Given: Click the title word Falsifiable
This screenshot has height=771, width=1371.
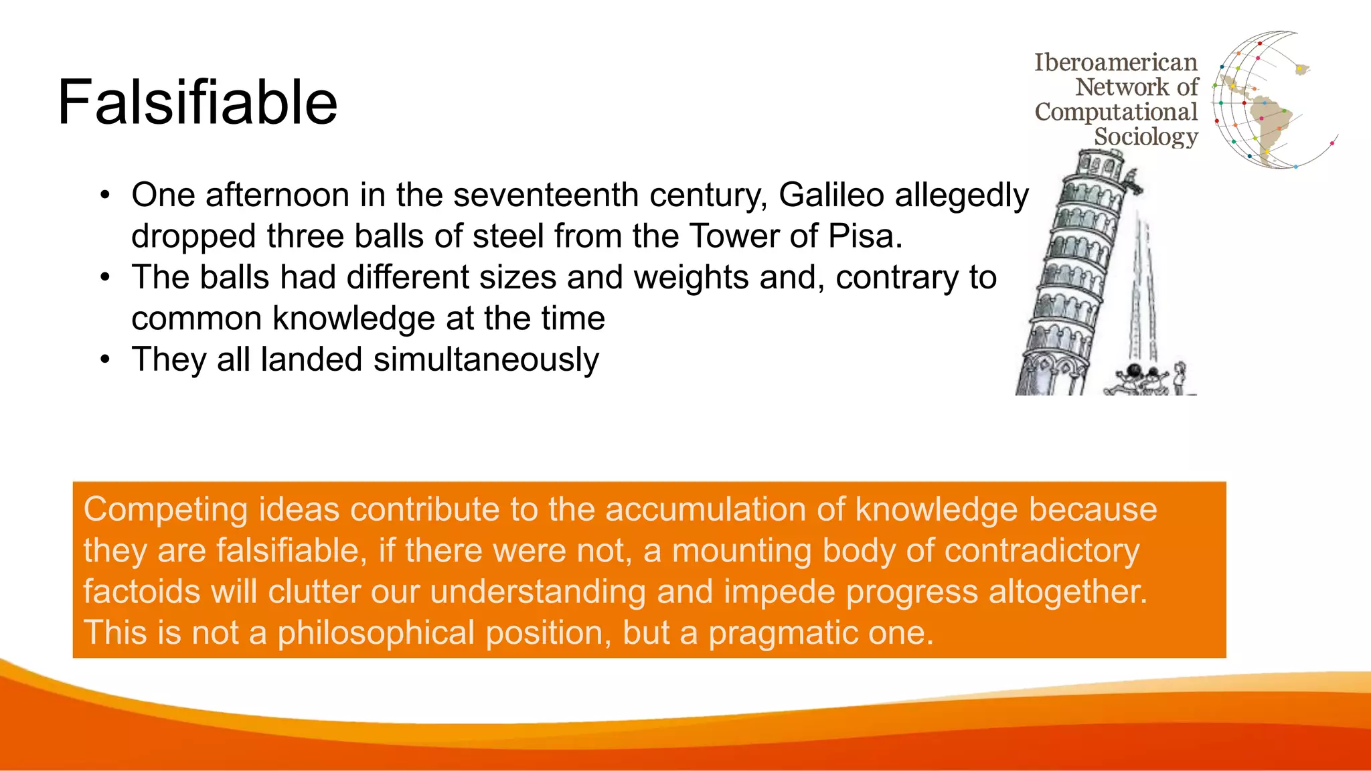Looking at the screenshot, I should coord(197,102).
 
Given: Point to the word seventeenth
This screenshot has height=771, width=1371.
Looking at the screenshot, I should coord(546,195).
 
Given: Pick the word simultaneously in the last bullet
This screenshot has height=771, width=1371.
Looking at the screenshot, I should coord(486,360).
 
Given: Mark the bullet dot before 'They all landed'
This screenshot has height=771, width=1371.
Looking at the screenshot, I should coord(104,359).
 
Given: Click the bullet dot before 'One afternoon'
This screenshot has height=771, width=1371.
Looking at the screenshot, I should coord(104,195).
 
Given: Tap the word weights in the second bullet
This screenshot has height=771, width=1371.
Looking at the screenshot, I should coord(691,277).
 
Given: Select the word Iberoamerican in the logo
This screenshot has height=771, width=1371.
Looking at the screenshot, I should coord(1115,62).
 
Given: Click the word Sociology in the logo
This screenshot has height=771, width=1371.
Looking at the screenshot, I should coord(1145,137).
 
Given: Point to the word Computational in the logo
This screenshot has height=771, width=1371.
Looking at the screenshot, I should coord(1115,112).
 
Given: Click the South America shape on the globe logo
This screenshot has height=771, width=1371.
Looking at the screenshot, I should coord(1269,124).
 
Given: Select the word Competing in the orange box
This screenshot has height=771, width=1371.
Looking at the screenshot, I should coord(165,510).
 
